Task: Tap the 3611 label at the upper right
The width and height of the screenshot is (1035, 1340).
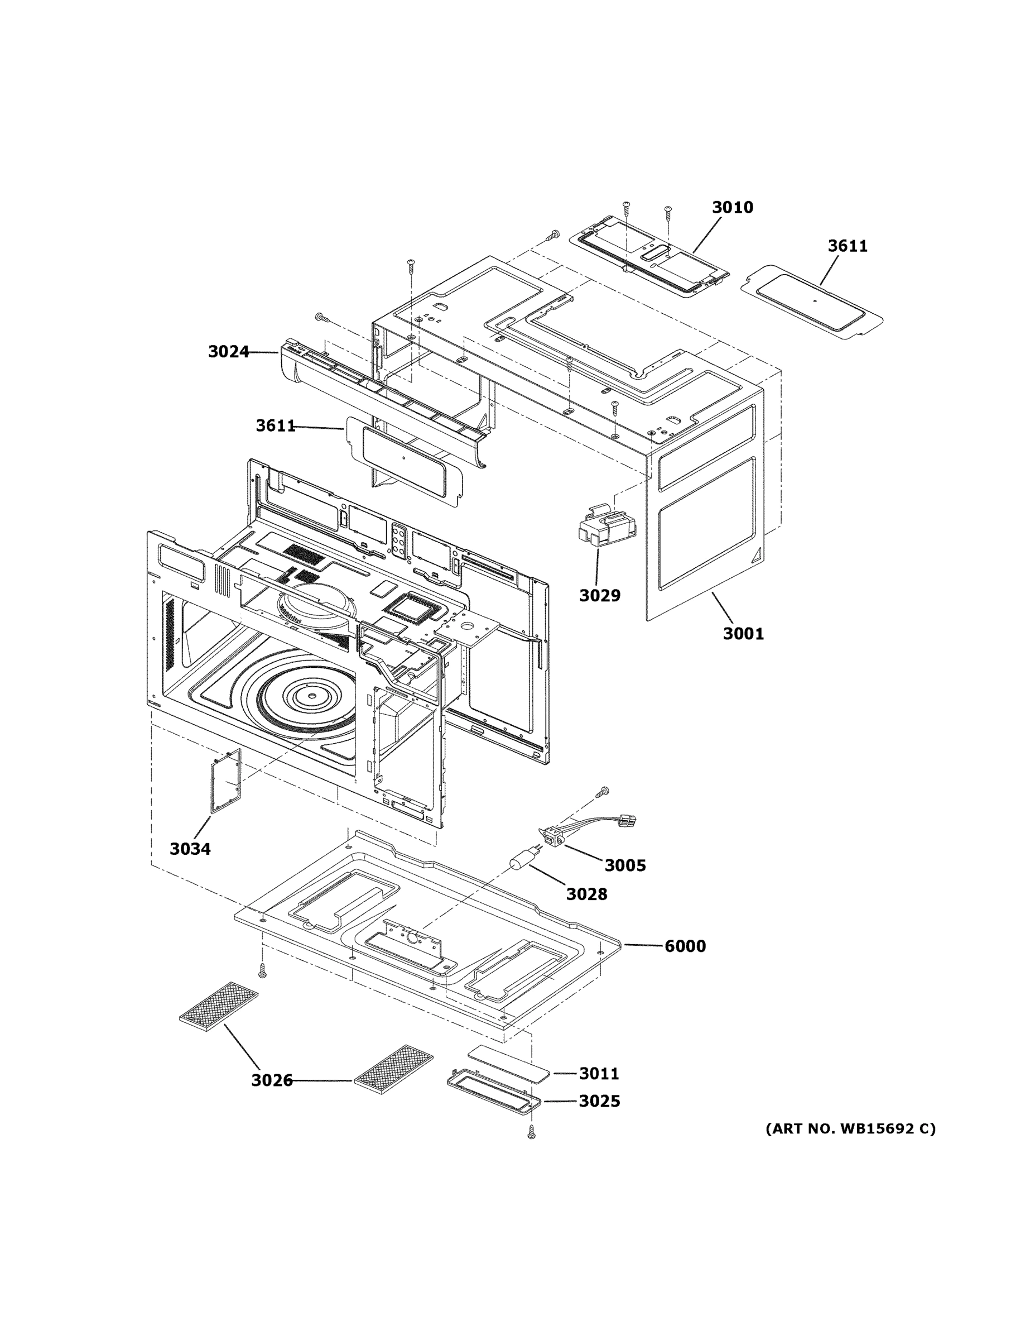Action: [848, 246]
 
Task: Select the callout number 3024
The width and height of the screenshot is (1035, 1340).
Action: [228, 352]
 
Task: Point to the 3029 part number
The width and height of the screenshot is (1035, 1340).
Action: [600, 595]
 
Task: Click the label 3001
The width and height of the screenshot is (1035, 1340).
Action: [743, 633]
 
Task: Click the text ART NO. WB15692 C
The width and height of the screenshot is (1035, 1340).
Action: [850, 1128]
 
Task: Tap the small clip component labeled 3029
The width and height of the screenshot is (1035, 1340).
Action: [605, 527]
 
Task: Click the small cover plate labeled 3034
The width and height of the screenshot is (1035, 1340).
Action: [225, 781]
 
